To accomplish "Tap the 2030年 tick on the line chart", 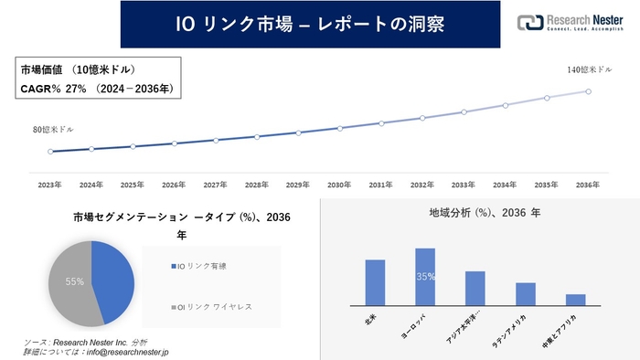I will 339,185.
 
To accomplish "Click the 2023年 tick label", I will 49,185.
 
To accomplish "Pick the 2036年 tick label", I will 588,185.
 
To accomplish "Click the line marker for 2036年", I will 588,90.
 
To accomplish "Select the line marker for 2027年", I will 215,140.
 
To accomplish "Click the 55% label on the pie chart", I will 74,282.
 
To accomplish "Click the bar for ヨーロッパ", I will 424,276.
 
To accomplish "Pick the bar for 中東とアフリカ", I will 575,299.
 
